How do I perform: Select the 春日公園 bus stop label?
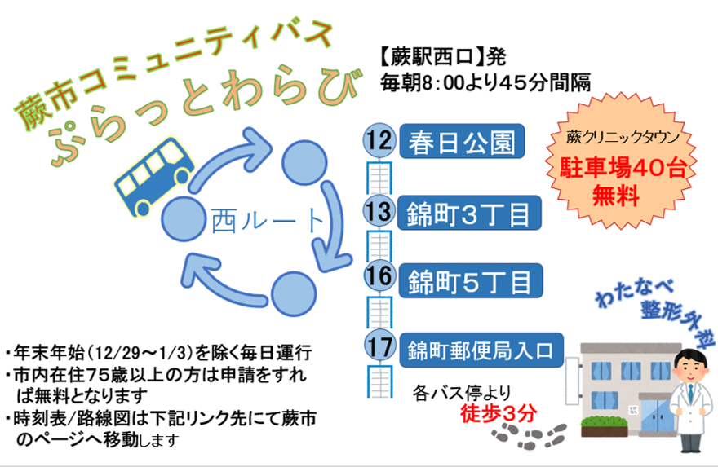(x=460, y=143)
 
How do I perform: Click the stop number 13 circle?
(x=379, y=212)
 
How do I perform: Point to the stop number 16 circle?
(x=379, y=277)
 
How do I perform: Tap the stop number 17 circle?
(x=379, y=346)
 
